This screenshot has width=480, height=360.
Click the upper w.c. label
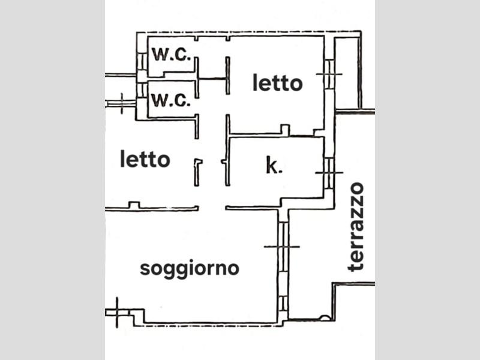click(172, 55)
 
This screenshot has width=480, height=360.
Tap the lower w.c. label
click(172, 100)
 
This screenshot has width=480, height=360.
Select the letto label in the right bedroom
click(278, 83)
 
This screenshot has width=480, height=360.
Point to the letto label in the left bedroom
click(145, 158)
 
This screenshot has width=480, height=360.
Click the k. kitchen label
click(274, 166)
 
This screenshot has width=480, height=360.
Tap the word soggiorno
click(190, 269)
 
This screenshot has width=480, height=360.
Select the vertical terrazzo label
click(356, 227)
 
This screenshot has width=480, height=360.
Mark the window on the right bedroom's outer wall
click(329, 74)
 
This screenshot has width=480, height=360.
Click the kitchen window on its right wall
click(329, 173)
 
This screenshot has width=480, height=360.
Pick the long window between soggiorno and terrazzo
click(283, 247)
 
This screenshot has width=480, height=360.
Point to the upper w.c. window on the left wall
click(142, 62)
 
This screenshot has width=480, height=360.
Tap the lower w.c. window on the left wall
click(142, 90)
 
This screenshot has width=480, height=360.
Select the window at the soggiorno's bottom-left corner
click(118, 313)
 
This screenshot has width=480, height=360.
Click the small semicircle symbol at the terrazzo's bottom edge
click(325, 318)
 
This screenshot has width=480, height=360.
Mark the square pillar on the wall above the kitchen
click(286, 129)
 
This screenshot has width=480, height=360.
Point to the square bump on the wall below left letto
click(134, 205)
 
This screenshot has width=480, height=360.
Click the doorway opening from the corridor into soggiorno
click(212, 208)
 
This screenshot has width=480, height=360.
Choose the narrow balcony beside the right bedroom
click(347, 73)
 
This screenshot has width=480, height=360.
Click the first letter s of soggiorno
click(145, 268)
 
